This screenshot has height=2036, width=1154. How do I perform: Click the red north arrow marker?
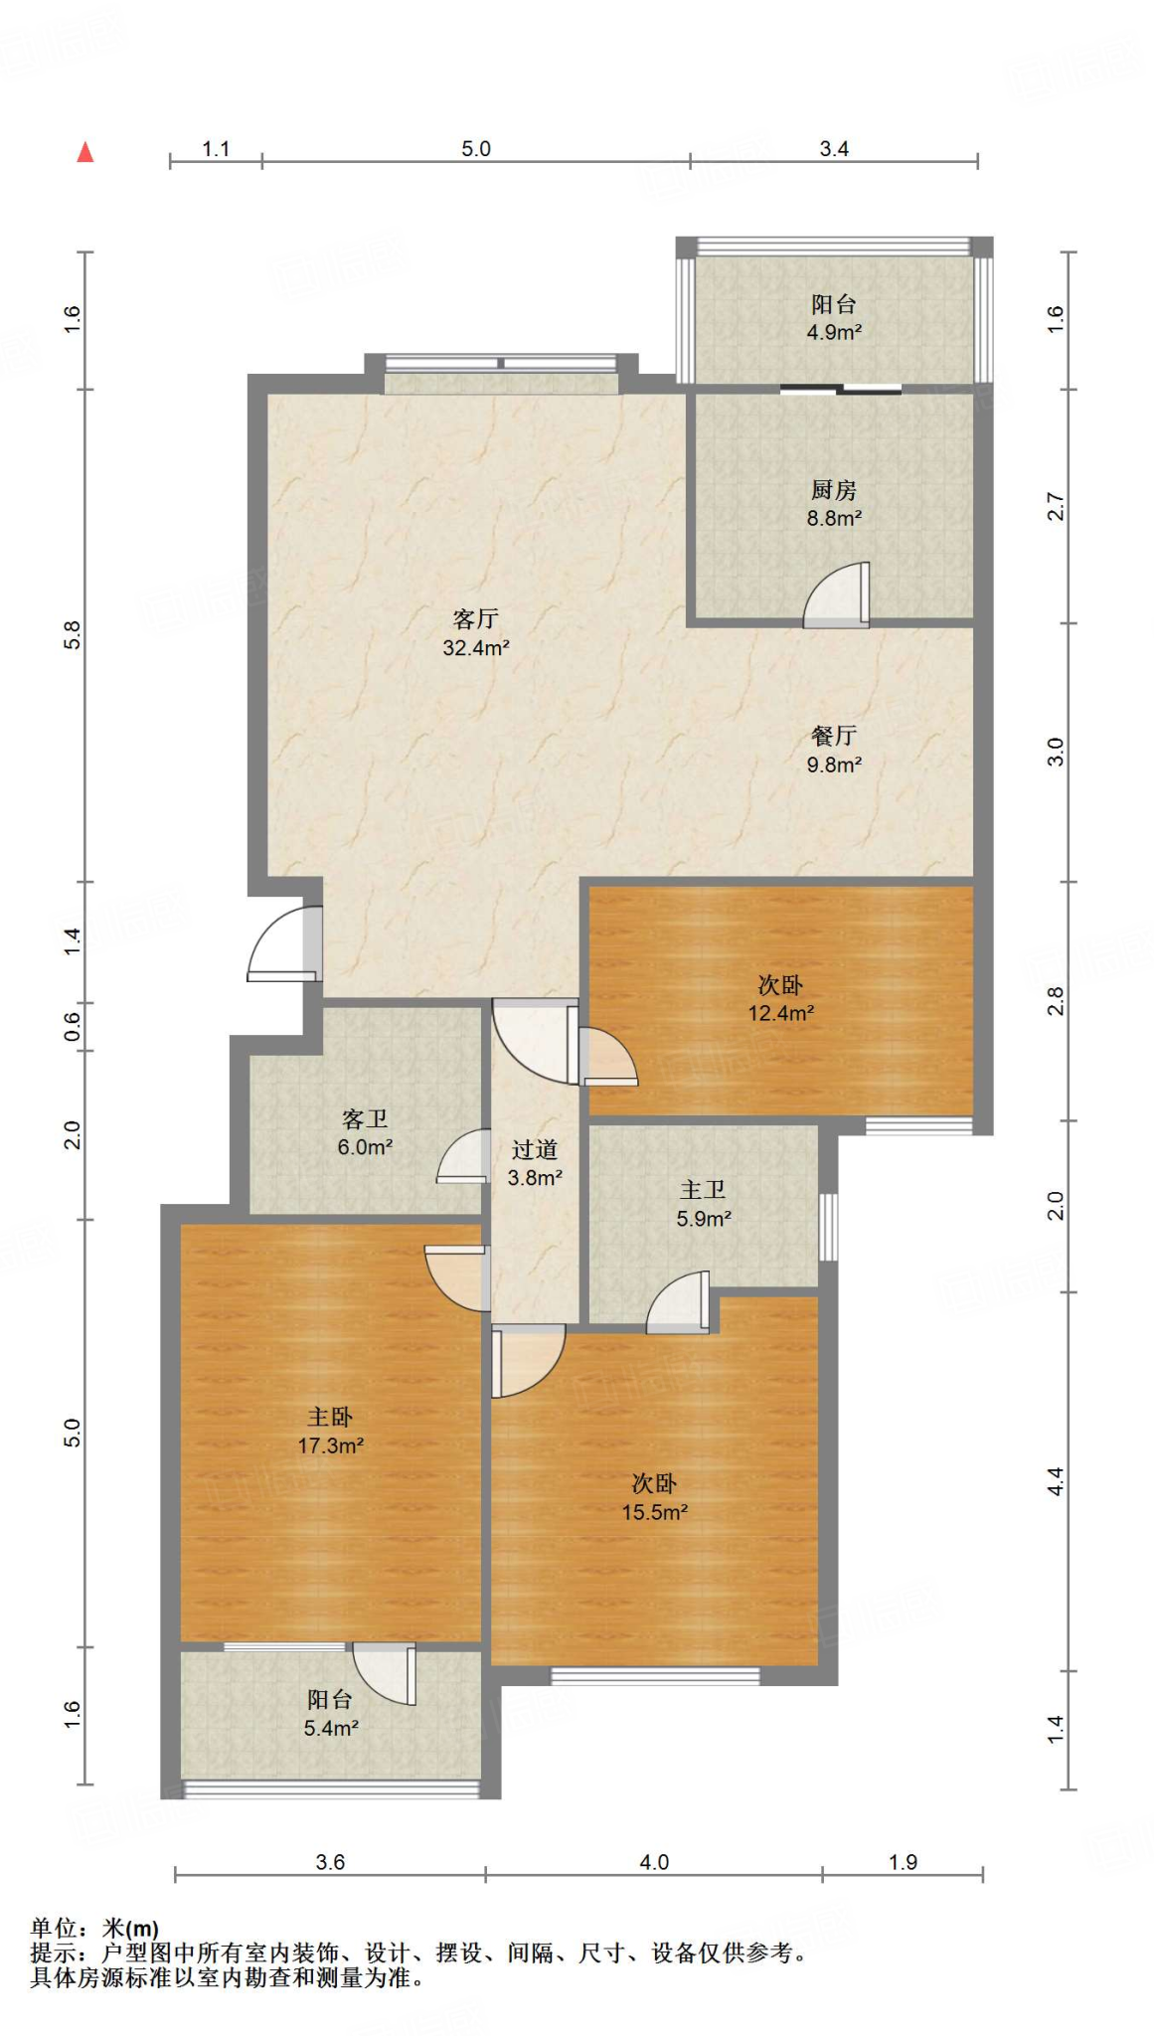(85, 151)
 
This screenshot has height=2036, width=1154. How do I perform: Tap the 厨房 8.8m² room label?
(834, 504)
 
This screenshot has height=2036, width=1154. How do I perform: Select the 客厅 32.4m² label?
(476, 633)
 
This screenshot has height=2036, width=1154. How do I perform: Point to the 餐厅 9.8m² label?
(834, 750)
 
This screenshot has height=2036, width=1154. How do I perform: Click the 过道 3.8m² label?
(535, 1163)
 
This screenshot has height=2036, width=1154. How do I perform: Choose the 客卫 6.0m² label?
(365, 1132)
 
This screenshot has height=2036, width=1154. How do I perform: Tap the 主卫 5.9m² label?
(704, 1204)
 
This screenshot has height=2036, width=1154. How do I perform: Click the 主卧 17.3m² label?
(330, 1431)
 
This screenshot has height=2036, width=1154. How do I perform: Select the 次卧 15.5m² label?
(655, 1497)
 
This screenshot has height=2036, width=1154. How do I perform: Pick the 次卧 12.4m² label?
(781, 998)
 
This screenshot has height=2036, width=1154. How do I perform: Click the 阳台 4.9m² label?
(834, 318)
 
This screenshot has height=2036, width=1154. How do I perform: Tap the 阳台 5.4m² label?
(331, 1714)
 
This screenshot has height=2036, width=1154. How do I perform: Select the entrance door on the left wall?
(284, 943)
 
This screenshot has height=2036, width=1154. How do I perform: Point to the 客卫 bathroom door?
(463, 1156)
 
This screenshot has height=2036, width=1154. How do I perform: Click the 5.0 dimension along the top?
(476, 149)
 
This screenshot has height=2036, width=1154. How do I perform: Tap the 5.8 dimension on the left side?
(73, 634)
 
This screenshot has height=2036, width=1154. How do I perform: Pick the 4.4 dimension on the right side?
(1056, 1481)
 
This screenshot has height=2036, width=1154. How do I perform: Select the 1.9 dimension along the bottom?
(903, 1862)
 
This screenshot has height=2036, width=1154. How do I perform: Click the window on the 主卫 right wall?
(828, 1227)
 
